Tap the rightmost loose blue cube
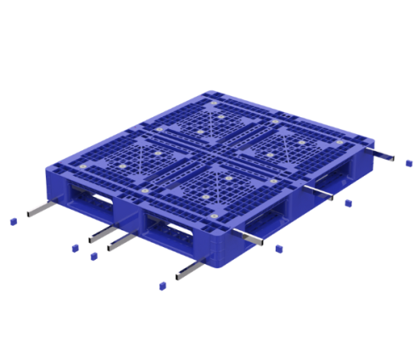point(408,160)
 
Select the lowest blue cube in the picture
point(159,287)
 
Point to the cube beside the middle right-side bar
point(347,202)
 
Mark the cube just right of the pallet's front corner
point(277,248)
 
